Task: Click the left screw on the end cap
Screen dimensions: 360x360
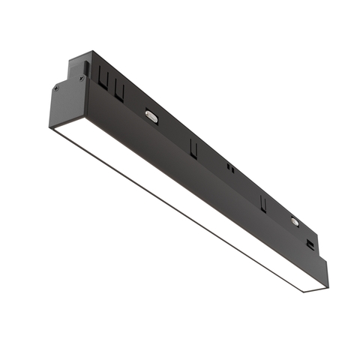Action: click(x=57, y=88)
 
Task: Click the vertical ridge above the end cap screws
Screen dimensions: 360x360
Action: click(x=85, y=68)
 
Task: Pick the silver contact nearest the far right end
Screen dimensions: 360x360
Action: click(x=294, y=222)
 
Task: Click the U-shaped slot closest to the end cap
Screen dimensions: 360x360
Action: click(x=103, y=77)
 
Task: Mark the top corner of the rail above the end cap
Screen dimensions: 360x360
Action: click(x=91, y=52)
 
